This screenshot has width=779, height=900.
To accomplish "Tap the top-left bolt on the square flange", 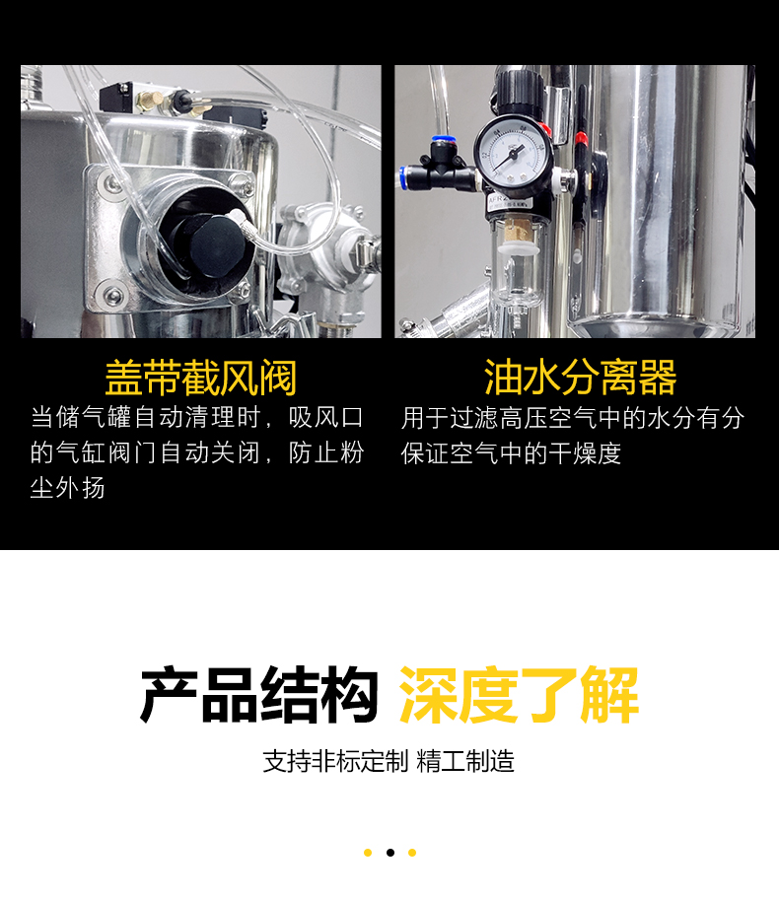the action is (x=108, y=183).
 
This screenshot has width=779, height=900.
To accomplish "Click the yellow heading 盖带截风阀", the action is (x=201, y=378).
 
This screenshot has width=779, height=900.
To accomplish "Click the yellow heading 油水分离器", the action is (x=581, y=378).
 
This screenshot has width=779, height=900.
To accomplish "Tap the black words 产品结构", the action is (x=259, y=695).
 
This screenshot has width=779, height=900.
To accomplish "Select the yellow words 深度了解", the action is (x=519, y=695).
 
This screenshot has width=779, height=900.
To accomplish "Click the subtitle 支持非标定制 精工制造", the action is (x=389, y=762).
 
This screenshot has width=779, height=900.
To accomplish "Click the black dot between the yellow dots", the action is (x=390, y=853).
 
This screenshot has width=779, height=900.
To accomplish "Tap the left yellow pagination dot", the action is (x=368, y=853).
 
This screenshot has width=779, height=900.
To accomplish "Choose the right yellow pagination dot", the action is (x=412, y=853).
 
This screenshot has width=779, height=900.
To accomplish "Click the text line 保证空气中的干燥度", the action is (x=511, y=453).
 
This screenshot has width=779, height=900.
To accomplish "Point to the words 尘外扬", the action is (x=67, y=489).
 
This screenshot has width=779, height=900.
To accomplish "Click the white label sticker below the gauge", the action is (x=511, y=202).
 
